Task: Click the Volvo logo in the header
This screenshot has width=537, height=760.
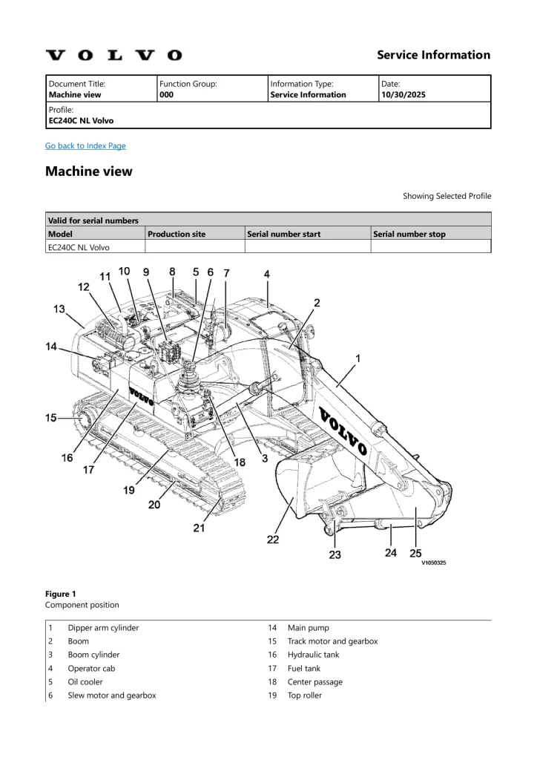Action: point(113,55)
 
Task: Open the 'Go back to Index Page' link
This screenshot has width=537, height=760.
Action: point(85,145)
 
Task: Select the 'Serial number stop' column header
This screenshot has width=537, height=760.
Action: point(409,234)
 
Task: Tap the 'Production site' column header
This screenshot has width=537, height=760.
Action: point(177,234)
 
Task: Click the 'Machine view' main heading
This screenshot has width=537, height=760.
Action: point(89,171)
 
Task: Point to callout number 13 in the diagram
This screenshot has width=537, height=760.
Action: point(59,309)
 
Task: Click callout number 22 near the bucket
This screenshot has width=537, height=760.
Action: point(273,540)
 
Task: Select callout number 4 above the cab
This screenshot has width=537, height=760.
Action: point(267,274)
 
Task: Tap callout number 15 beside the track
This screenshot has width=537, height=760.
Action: point(51,418)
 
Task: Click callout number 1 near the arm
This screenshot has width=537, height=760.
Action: point(358,358)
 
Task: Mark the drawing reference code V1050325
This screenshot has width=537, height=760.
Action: point(434,563)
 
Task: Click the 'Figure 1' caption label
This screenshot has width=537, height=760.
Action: point(60,594)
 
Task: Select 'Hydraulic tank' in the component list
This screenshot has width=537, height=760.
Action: point(314,655)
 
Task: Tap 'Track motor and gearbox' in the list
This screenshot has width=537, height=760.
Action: point(332,641)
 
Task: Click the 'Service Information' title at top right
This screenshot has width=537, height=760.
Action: point(433,55)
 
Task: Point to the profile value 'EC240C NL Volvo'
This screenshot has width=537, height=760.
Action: point(81,120)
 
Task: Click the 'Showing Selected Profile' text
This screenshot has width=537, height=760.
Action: point(447,196)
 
